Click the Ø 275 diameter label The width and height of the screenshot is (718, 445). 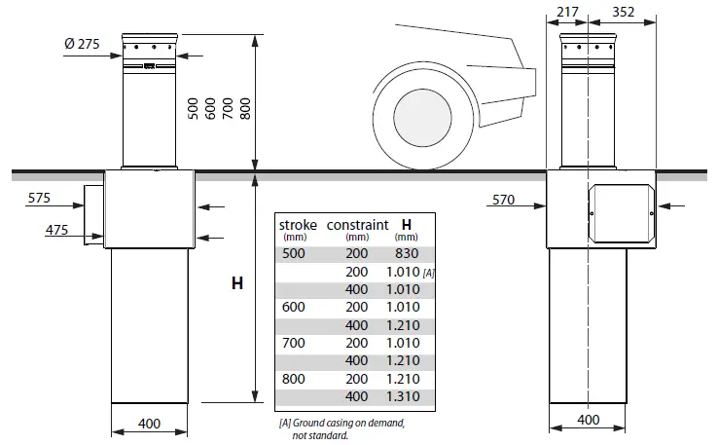[82, 47]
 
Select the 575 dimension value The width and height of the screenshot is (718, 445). [39, 198]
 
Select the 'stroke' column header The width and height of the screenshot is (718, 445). [299, 225]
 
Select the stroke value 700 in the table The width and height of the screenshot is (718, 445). [293, 342]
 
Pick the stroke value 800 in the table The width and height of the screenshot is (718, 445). [293, 378]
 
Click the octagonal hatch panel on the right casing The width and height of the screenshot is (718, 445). [622, 213]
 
